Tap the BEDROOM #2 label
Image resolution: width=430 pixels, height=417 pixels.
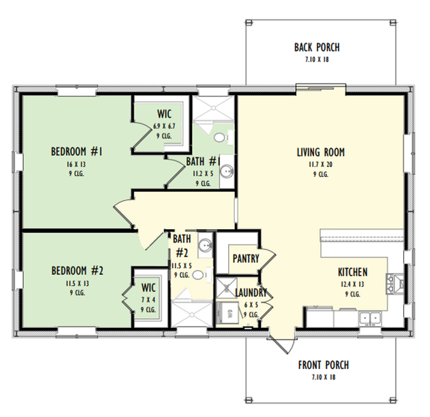[x=76, y=270]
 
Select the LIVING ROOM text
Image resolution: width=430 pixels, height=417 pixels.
[x=320, y=152]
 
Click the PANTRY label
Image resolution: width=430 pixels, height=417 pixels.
[x=246, y=259]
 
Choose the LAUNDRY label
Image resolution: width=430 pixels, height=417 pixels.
[x=251, y=293]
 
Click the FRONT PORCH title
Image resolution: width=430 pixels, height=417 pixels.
[x=323, y=365]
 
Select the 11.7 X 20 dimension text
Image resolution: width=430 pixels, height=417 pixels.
[x=320, y=164]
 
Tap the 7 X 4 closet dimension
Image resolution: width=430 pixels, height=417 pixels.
[x=147, y=299]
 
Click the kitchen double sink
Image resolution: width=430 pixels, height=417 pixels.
[x=369, y=318]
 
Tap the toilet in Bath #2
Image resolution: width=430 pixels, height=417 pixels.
[x=197, y=276]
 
